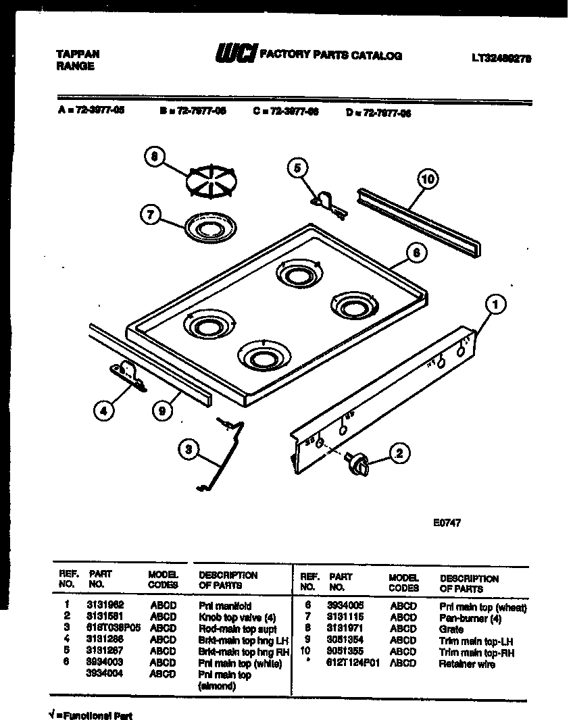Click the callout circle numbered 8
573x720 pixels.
click(154, 157)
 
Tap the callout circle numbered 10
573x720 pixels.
click(426, 179)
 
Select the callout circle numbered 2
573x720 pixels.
click(399, 453)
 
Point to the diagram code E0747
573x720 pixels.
click(447, 522)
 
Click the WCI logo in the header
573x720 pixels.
click(235, 55)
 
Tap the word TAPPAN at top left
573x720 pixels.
click(77, 55)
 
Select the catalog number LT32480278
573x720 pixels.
click(501, 58)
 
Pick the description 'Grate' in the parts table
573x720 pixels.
click(451, 629)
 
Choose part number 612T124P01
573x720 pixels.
click(354, 663)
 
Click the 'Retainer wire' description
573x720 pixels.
click(467, 664)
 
